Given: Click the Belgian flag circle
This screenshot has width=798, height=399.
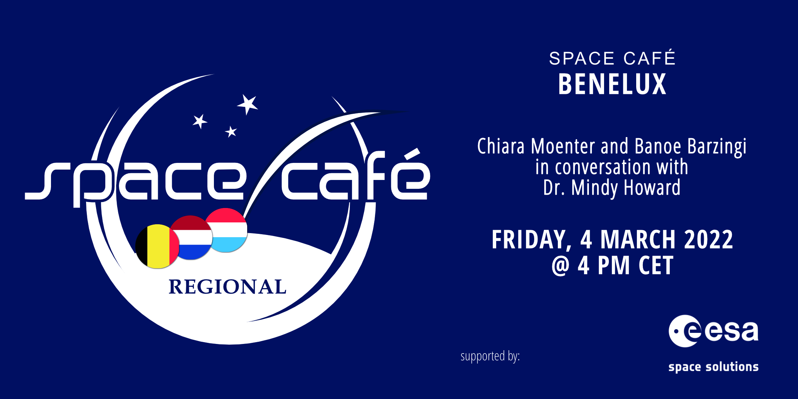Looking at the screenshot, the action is point(157,246).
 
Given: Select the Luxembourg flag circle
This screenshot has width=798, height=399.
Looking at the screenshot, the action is point(226,230).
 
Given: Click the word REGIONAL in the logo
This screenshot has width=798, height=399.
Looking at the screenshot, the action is point(228,287).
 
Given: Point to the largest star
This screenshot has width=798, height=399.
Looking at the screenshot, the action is point(248,104).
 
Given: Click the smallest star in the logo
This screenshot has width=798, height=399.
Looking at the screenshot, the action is point(231,132).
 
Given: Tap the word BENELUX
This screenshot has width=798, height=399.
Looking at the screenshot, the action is point(612,84).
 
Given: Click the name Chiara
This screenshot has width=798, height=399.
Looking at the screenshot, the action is point(501,146).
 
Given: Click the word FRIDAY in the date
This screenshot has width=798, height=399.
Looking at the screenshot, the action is point(531,240).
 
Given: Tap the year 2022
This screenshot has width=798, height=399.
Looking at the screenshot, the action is point(709,240).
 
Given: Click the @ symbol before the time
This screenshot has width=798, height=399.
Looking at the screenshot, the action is point(561,266).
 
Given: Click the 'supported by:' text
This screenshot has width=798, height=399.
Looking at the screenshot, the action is point(490,357).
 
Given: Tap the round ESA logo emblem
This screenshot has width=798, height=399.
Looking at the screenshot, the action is point(685,331).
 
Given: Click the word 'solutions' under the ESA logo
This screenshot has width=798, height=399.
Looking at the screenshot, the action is point(732,366).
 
